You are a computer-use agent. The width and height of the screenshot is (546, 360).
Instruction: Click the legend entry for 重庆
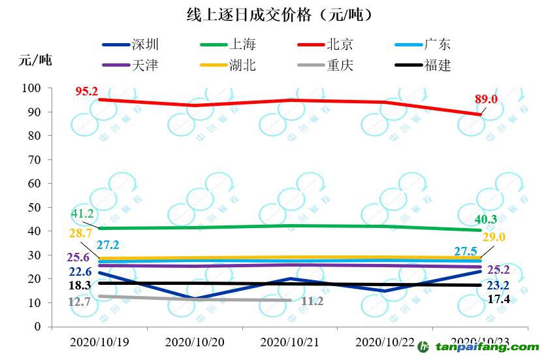coord(339,65)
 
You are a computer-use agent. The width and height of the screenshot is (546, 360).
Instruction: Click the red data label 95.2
coord(86,92)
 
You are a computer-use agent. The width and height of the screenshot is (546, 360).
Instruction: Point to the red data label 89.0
coord(486,99)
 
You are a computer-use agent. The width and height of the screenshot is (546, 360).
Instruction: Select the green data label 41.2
coord(83,214)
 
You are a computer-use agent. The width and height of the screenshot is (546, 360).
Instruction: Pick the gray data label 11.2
coord(312,301)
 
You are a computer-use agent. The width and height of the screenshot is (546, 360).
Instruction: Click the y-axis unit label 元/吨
coord(34,59)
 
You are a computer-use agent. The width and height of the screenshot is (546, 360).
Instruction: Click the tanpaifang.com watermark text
coord(487,348)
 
